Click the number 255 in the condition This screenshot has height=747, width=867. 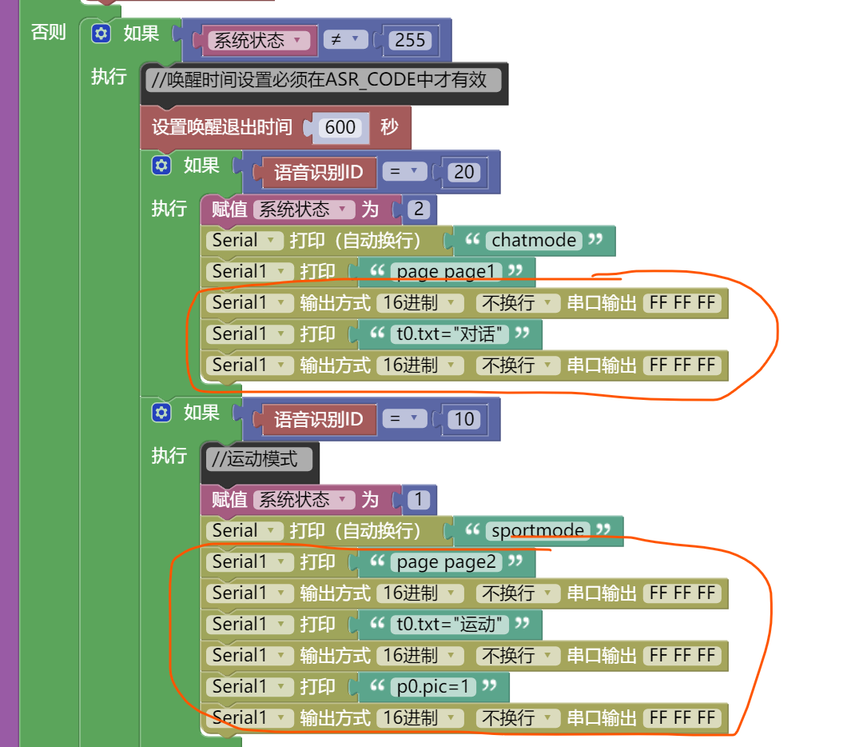coord(410,40)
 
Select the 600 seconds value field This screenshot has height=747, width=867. coord(340,127)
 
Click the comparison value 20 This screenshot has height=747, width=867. coord(463,171)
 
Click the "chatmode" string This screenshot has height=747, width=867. coord(534,240)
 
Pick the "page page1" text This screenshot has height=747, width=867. coord(446,271)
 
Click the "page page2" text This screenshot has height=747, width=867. coord(446,561)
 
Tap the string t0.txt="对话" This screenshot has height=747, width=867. coord(450,334)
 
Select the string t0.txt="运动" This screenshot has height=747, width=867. coord(450,624)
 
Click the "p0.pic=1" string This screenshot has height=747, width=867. coord(432,686)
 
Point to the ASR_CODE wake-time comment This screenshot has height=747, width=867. coord(324,79)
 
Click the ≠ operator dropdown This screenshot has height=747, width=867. coord(345,40)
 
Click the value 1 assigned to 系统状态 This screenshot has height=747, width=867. coord(418,500)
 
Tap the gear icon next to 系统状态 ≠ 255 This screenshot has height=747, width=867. coord(100,34)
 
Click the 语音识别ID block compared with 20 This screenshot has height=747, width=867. coord(318,171)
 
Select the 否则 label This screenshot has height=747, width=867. coord(48,33)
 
